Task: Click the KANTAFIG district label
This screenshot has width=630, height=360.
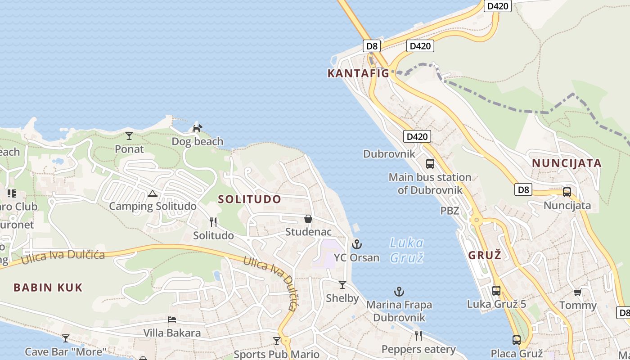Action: (x=358, y=73)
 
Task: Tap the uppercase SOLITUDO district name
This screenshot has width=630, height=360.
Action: (x=250, y=199)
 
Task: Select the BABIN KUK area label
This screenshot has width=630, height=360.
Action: (x=48, y=288)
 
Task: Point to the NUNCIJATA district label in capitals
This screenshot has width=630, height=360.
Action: (x=567, y=163)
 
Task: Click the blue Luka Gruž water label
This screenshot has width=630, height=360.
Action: (x=406, y=250)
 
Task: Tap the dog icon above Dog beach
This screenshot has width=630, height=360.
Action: (x=197, y=129)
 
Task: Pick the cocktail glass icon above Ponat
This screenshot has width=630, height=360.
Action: (x=129, y=135)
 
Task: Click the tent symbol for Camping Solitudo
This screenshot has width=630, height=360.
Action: (x=152, y=193)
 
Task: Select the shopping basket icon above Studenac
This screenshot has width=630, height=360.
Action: (x=308, y=219)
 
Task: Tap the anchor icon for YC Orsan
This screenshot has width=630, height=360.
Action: (x=356, y=244)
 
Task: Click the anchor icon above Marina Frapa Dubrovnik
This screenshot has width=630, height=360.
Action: (x=399, y=292)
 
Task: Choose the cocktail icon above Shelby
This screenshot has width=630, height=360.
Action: (x=342, y=285)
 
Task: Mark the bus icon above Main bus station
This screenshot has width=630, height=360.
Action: (x=430, y=163)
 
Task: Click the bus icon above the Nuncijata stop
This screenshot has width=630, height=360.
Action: (x=567, y=192)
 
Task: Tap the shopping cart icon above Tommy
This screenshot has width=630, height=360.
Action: (x=577, y=292)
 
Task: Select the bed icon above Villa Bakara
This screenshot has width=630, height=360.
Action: (x=172, y=319)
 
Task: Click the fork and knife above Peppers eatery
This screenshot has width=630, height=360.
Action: (x=418, y=336)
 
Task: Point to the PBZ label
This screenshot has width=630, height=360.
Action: (x=450, y=211)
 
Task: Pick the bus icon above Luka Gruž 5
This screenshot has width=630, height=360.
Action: (x=496, y=291)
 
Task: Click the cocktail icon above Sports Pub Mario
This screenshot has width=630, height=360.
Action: (x=277, y=341)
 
